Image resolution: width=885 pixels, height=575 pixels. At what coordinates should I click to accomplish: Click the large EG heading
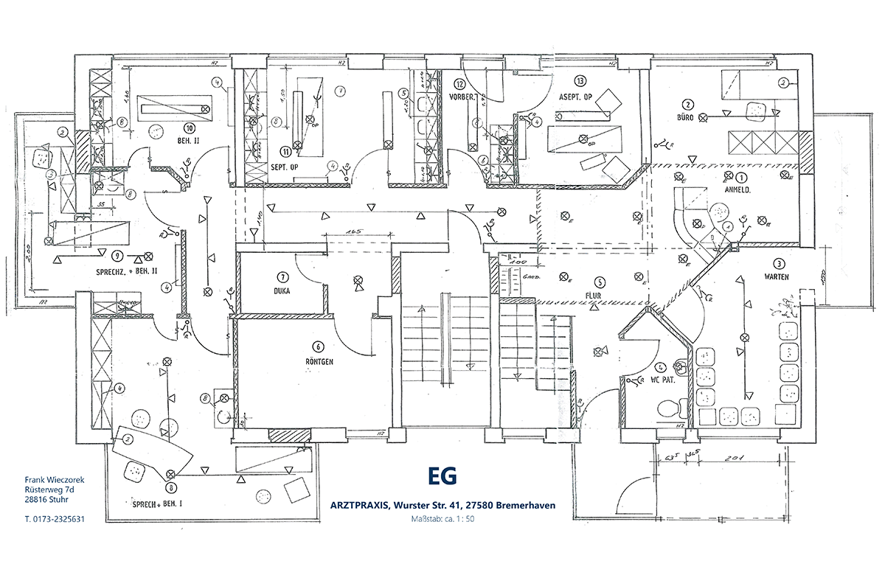click(442, 477)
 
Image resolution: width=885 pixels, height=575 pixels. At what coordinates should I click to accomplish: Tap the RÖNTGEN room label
click(319, 362)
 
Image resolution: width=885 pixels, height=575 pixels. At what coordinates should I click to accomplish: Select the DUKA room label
click(281, 290)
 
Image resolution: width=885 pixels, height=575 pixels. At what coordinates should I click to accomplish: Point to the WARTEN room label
click(777, 277)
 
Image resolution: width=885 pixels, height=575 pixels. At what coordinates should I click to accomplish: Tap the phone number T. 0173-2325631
click(55, 519)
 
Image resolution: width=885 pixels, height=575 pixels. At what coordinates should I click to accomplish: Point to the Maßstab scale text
click(442, 519)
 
